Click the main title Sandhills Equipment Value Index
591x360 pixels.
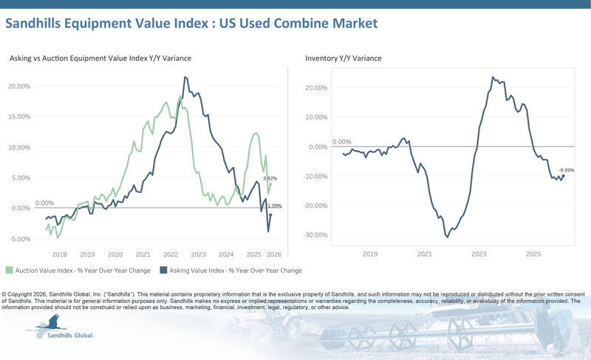(191, 24)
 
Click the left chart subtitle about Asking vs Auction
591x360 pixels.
(100, 58)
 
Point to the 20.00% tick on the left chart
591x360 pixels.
(20, 86)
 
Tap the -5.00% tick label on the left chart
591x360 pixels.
(20, 239)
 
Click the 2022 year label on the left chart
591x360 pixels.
(171, 253)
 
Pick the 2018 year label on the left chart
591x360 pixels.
(60, 253)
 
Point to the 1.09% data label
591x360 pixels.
(274, 206)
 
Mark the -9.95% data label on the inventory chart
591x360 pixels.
(566, 170)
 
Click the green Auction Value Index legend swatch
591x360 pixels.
(10, 271)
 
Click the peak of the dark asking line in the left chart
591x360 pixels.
(185, 77)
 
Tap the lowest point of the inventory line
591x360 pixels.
(447, 237)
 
